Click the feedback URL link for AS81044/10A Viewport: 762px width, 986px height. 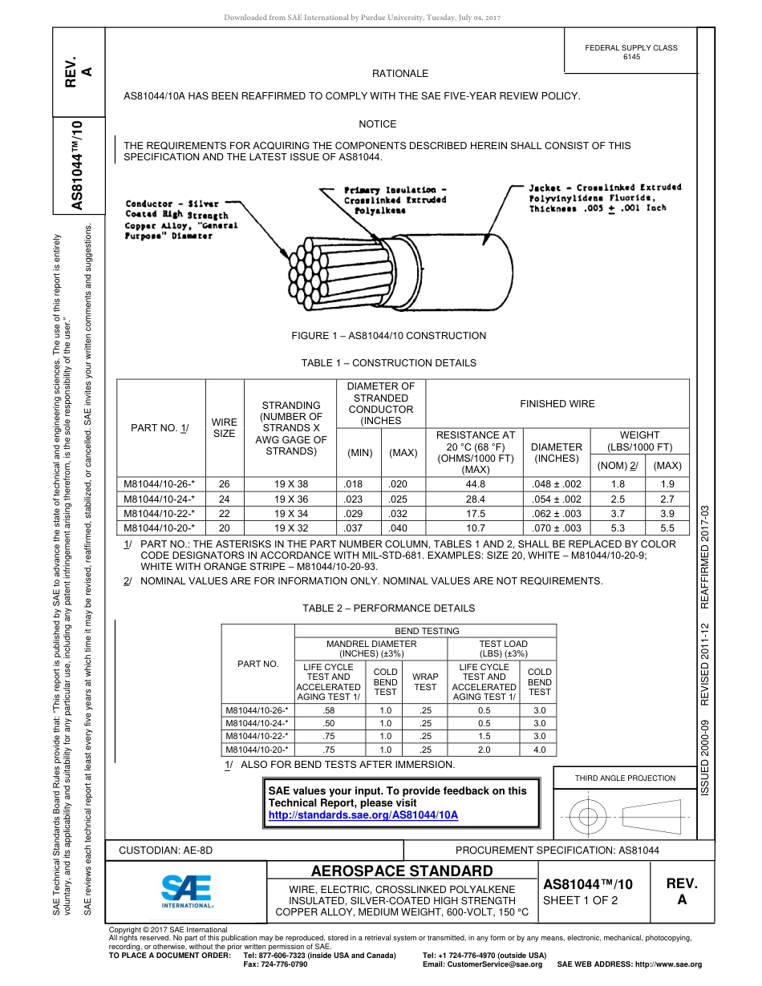coord(363,814)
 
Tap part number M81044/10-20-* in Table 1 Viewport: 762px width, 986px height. coord(160,527)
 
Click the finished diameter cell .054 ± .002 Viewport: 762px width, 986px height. coord(557,499)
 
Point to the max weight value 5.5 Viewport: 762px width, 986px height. coord(667,527)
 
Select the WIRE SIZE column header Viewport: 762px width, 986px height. coord(224,427)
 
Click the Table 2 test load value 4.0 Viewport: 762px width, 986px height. coord(539,750)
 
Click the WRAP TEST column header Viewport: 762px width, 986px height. coord(425,681)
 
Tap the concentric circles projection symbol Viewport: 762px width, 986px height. coord(589,817)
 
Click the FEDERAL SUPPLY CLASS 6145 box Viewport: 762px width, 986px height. coord(630,52)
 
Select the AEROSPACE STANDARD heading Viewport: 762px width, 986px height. coord(401,871)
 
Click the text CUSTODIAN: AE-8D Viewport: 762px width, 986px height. coord(166,850)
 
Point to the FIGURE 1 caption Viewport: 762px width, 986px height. coord(388,336)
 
